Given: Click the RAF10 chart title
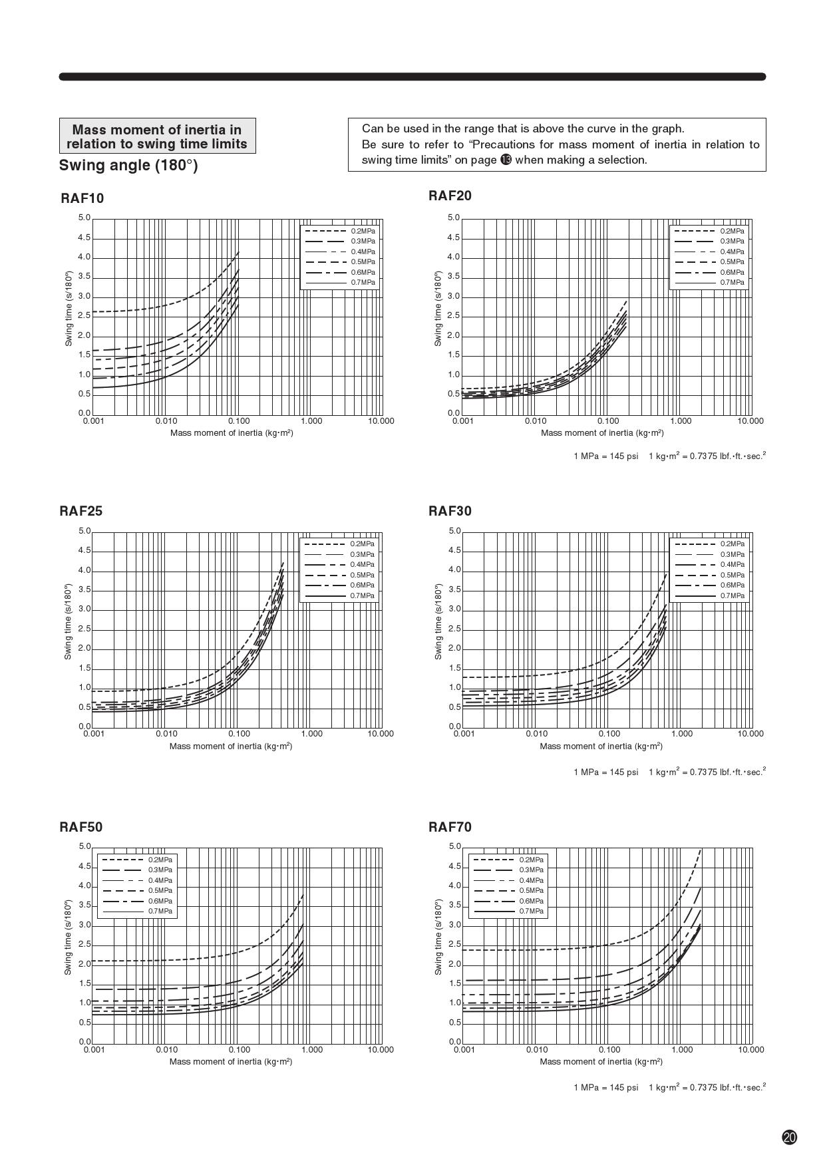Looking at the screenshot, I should (x=82, y=198).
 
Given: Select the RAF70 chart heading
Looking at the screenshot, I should (x=450, y=827).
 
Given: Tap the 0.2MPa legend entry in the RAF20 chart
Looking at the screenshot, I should (x=731, y=231).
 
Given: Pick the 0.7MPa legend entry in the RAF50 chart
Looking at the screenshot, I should (x=160, y=911).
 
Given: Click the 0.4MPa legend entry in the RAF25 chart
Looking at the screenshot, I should (x=362, y=564).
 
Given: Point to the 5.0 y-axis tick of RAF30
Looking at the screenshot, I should (x=454, y=531).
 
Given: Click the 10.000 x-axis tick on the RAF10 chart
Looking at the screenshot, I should (x=381, y=420).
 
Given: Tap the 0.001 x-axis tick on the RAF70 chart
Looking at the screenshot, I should (x=464, y=1049).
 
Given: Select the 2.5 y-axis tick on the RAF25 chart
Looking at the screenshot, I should (x=84, y=629).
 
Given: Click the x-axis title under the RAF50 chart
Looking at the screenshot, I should (x=231, y=1061).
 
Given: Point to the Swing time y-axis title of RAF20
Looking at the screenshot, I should (x=438, y=309).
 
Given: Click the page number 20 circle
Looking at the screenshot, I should (x=790, y=1137).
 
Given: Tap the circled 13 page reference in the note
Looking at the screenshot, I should (x=506, y=160).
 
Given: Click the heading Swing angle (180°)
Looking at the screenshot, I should (x=128, y=165).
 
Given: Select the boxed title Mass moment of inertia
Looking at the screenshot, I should (x=157, y=136).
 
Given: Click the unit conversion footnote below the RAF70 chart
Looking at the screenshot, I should (x=669, y=1087).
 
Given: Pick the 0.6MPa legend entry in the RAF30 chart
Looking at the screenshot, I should (x=732, y=585).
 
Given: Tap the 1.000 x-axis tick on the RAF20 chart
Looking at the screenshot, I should (x=681, y=420).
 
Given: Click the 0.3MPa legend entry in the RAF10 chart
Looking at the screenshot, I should (x=363, y=241).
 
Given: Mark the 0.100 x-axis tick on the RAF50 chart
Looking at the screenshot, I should (x=240, y=1049).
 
